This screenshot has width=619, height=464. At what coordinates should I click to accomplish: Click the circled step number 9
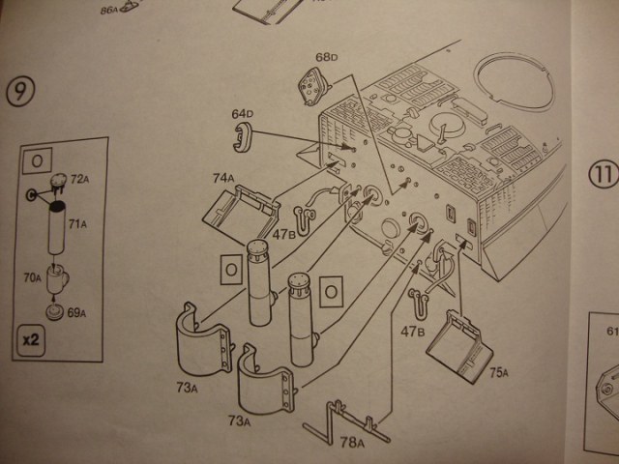click(x=22, y=92)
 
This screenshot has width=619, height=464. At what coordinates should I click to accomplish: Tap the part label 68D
click(x=327, y=57)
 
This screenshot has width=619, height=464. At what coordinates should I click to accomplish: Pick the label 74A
click(x=225, y=178)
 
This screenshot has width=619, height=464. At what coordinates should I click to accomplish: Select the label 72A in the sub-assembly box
click(x=79, y=180)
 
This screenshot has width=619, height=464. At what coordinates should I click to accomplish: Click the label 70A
click(x=33, y=277)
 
